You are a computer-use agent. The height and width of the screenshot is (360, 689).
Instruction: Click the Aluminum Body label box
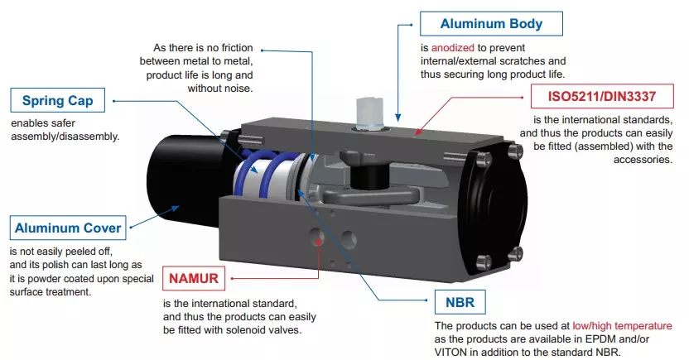coord(491,24)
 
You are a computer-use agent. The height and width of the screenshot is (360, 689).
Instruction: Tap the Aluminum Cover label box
coord(68,228)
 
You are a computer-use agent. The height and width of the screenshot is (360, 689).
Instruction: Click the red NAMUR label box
coord(194,279)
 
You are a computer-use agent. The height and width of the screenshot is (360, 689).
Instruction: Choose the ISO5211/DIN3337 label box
coord(603,97)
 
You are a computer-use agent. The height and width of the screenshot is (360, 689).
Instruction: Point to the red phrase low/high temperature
coord(626,326)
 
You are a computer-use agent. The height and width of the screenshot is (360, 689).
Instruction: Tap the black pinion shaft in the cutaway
coord(364,176)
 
